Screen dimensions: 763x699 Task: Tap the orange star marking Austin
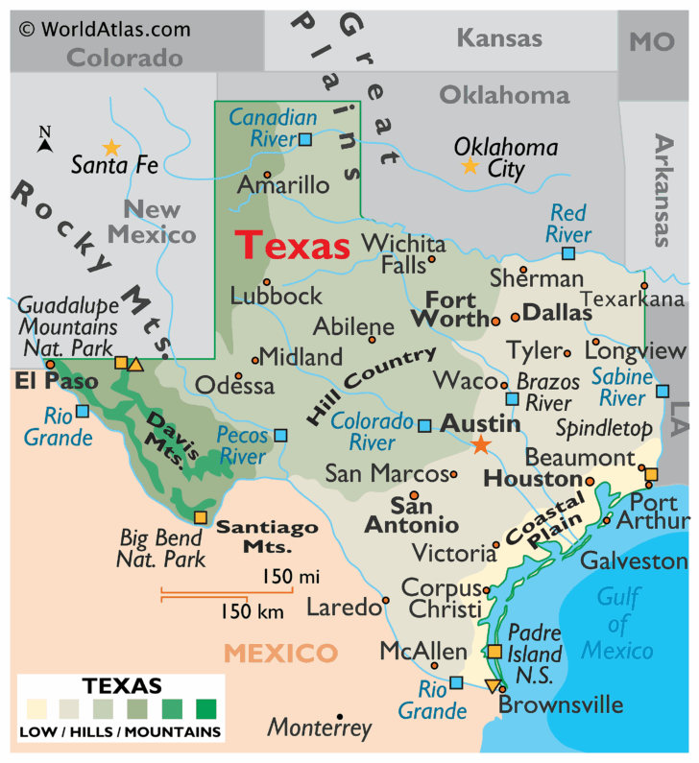[480, 444]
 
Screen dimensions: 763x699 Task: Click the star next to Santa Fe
[112, 148]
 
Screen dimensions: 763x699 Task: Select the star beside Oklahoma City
[470, 166]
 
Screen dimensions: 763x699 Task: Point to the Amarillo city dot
[268, 175]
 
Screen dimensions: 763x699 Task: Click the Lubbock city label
[277, 297]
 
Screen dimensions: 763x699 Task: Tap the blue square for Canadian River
[305, 140]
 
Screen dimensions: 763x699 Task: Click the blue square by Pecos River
[280, 435]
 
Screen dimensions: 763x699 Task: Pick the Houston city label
[533, 478]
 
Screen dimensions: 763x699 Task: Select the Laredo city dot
[386, 601]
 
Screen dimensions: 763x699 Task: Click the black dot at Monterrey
[340, 716]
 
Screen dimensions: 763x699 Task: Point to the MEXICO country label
[280, 654]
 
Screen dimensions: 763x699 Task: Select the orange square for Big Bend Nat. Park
[200, 517]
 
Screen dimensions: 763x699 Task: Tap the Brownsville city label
[561, 705]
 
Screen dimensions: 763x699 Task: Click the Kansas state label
[499, 38]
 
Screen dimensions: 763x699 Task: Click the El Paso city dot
[50, 365]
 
